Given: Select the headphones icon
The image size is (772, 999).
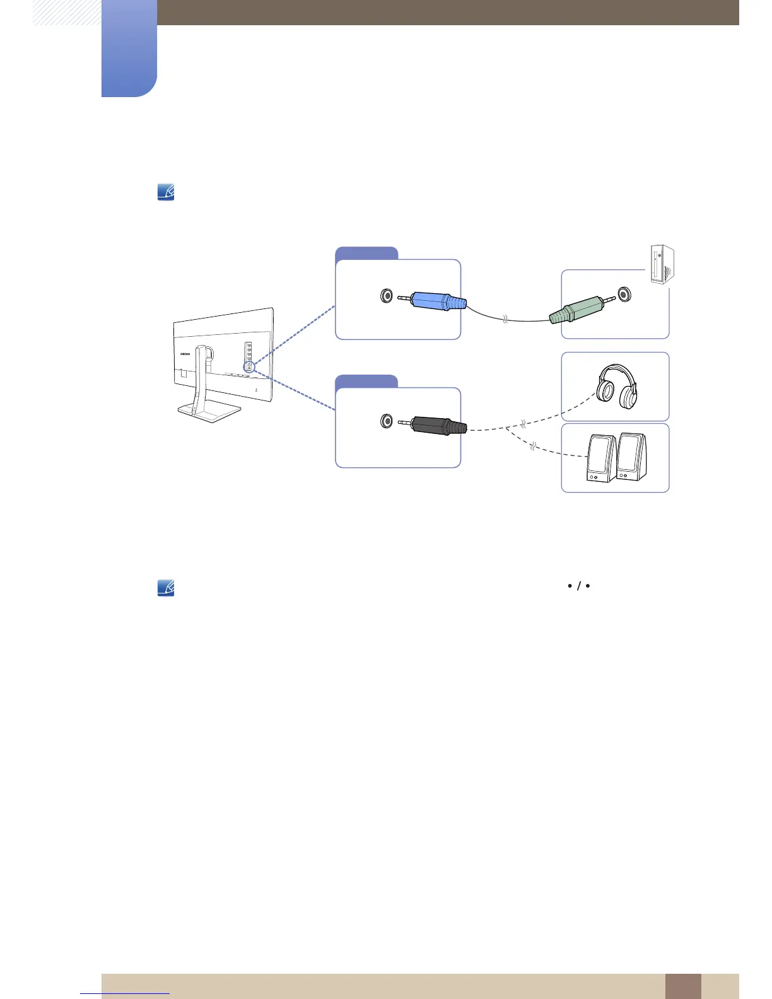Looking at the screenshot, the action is pyautogui.click(x=616, y=386).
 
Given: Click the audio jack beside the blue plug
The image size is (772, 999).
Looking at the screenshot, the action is pyautogui.click(x=387, y=295).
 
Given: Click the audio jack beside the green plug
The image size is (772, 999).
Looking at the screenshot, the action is pyautogui.click(x=624, y=294).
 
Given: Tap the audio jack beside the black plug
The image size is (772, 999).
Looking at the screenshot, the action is pyautogui.click(x=387, y=421).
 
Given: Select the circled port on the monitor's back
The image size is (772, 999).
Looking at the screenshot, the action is pyautogui.click(x=249, y=366).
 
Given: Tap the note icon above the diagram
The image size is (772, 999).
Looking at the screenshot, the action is pyautogui.click(x=166, y=192).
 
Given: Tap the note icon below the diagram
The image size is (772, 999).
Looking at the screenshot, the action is pyautogui.click(x=166, y=588).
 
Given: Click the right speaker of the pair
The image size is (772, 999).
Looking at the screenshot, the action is pyautogui.click(x=631, y=455).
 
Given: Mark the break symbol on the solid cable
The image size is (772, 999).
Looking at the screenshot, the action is pyautogui.click(x=505, y=320).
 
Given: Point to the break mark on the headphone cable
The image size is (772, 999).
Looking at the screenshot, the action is pyautogui.click(x=523, y=423).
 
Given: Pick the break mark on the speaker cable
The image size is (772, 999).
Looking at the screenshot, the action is pyautogui.click(x=533, y=447).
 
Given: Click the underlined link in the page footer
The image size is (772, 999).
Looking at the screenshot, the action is pyautogui.click(x=125, y=993).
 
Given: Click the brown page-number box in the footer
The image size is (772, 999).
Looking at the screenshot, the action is pyautogui.click(x=682, y=986).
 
